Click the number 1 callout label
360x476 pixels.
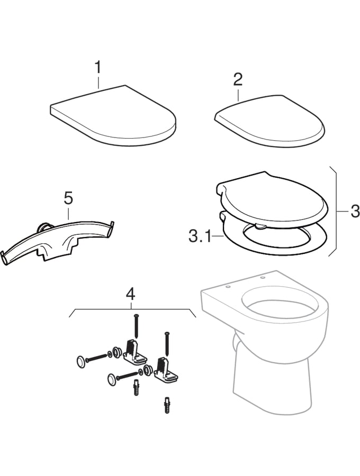pos(97,67)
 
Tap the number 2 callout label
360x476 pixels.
pos(238,79)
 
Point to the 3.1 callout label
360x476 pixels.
pos(200,235)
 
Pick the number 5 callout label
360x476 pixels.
pos(68,198)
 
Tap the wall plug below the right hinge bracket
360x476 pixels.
pos(167,407)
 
